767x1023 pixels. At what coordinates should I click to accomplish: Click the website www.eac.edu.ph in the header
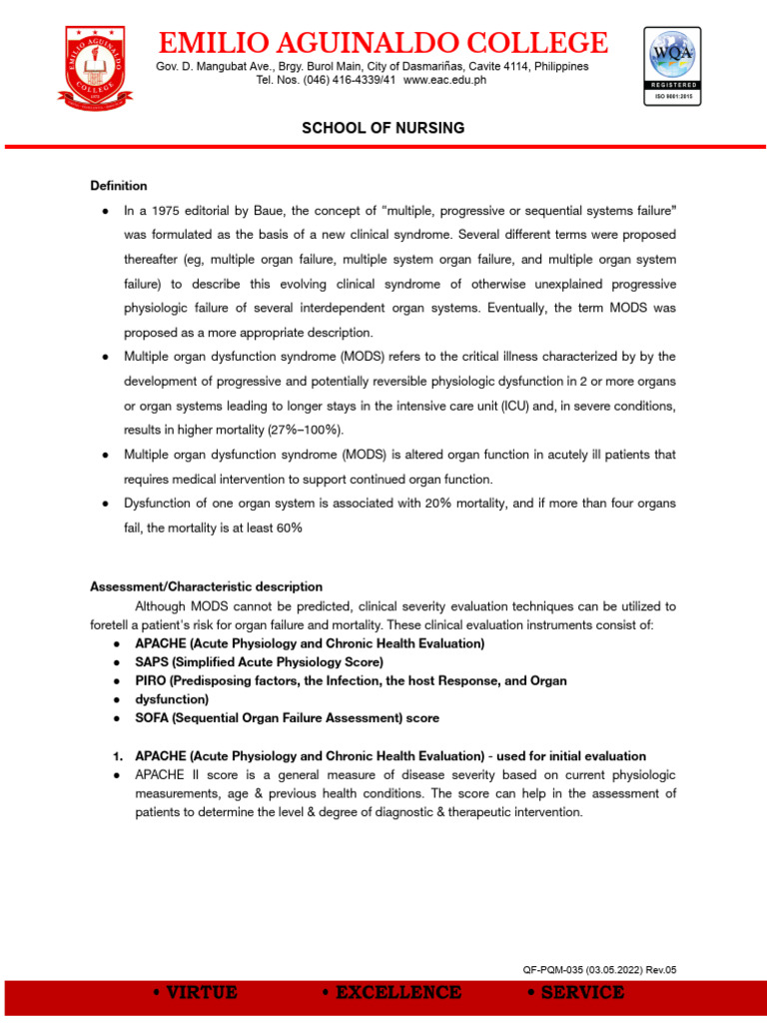(445, 80)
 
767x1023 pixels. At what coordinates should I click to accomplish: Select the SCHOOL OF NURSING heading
(383, 129)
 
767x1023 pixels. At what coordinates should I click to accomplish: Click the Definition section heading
(119, 186)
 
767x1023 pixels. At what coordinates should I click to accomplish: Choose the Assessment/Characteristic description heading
(207, 586)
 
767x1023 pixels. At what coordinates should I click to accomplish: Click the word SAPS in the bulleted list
(153, 661)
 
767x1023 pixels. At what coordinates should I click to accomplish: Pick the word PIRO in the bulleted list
(152, 680)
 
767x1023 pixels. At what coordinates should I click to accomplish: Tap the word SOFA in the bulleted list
(153, 717)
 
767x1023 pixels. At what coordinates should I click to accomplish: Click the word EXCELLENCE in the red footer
(391, 993)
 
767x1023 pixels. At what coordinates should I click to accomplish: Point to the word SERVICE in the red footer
(582, 993)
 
